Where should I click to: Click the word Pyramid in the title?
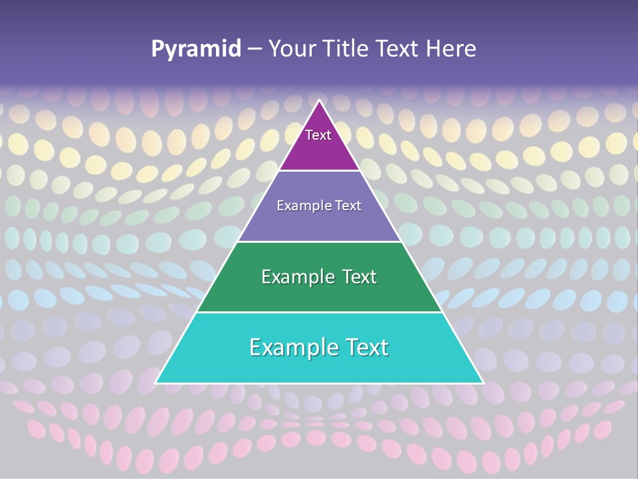(x=196, y=49)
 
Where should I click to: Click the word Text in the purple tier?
(x=318, y=135)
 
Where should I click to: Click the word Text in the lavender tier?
(x=348, y=206)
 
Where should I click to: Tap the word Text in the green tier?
(x=356, y=277)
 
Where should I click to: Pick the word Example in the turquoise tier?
(x=288, y=347)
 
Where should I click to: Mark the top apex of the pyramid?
(x=320, y=101)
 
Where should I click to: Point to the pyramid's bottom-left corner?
(x=157, y=382)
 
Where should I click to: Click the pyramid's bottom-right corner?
(x=482, y=382)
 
